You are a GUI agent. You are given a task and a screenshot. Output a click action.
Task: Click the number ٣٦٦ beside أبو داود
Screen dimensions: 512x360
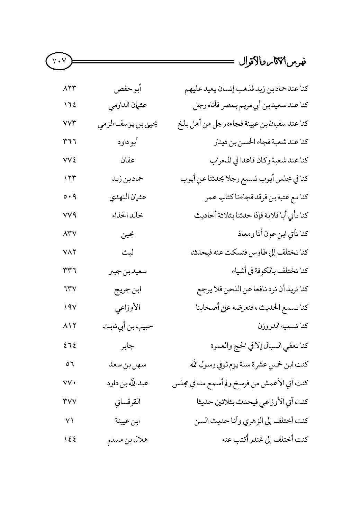70,142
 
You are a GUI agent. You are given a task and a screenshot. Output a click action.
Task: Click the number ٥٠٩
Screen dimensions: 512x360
70,197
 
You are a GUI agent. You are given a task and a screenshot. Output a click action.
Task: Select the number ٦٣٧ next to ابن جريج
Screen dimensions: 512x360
70,289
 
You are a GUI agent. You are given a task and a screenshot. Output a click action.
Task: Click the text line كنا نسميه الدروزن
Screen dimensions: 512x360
283,326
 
